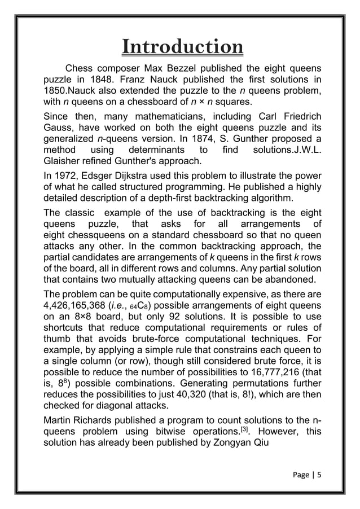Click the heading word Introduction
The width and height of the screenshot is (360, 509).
183,46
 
